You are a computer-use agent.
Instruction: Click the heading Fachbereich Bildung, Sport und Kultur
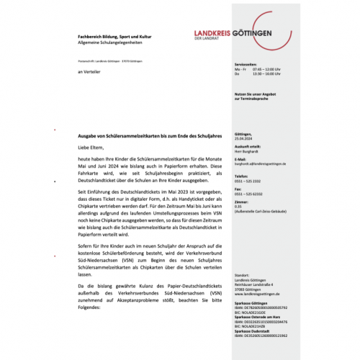pos(119,35)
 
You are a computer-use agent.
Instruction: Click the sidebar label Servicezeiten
pos(246,64)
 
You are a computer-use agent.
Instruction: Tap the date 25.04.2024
pos(243,139)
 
